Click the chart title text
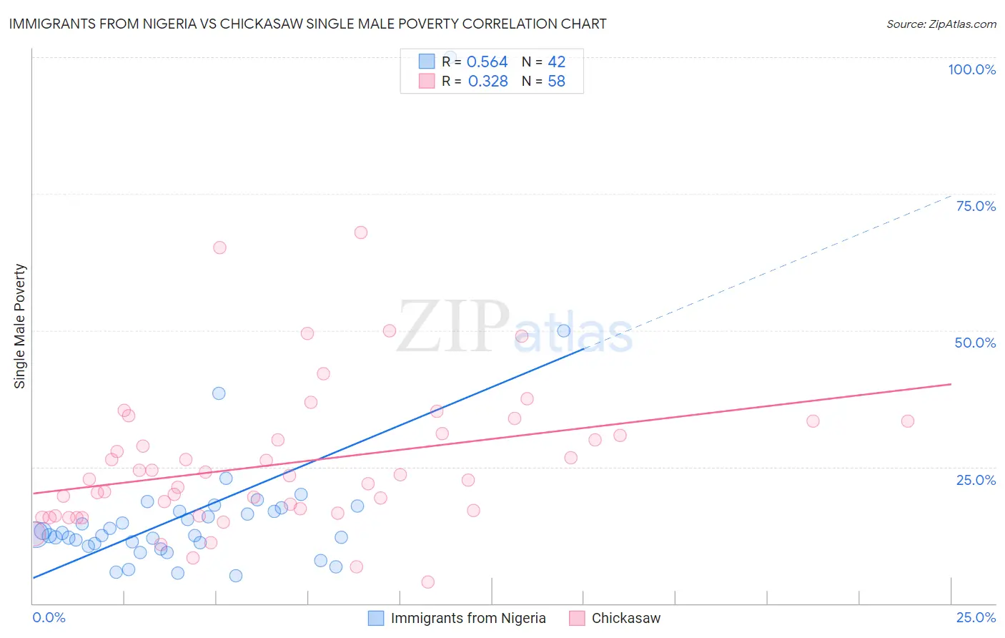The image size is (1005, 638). pyautogui.click(x=307, y=24)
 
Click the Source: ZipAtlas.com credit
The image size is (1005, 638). pyautogui.click(x=941, y=24)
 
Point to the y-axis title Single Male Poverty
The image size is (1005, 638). pyautogui.click(x=19, y=326)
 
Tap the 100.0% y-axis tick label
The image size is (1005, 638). pyautogui.click(x=971, y=69)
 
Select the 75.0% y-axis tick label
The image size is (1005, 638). pyautogui.click(x=976, y=206)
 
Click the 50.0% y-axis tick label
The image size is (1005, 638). pyautogui.click(x=975, y=343)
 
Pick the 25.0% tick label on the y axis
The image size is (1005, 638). pyautogui.click(x=976, y=480)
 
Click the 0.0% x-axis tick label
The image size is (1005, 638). pyautogui.click(x=49, y=617)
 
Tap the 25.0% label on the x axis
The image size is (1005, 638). pyautogui.click(x=976, y=617)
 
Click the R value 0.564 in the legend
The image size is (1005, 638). pyautogui.click(x=487, y=62)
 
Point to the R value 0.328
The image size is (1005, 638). pyautogui.click(x=487, y=82)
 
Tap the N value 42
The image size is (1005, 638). pyautogui.click(x=556, y=62)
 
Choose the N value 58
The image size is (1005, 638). pyautogui.click(x=556, y=82)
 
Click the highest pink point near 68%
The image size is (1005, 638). pyautogui.click(x=361, y=232)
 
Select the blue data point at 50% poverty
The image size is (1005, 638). pyautogui.click(x=564, y=330)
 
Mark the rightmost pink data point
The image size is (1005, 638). pyautogui.click(x=908, y=421)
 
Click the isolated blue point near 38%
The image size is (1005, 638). pyautogui.click(x=219, y=393)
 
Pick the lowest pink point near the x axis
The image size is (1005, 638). pyautogui.click(x=428, y=582)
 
